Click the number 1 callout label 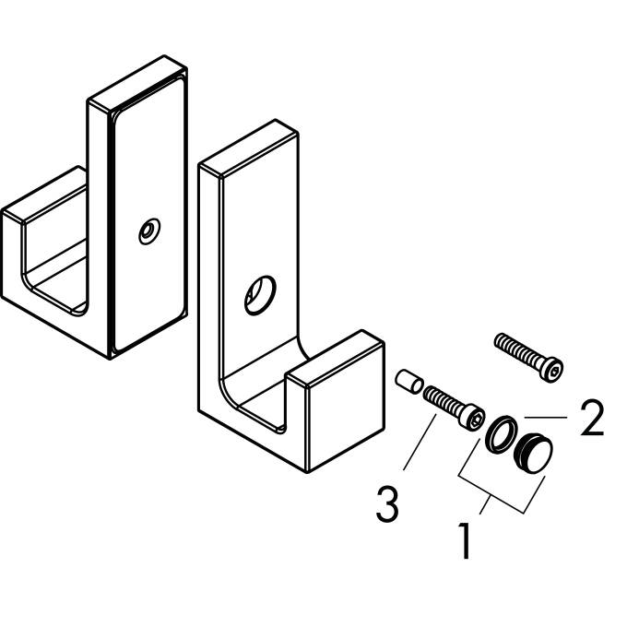click(466, 539)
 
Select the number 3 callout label click(387, 504)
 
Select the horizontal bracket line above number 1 click(493, 495)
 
